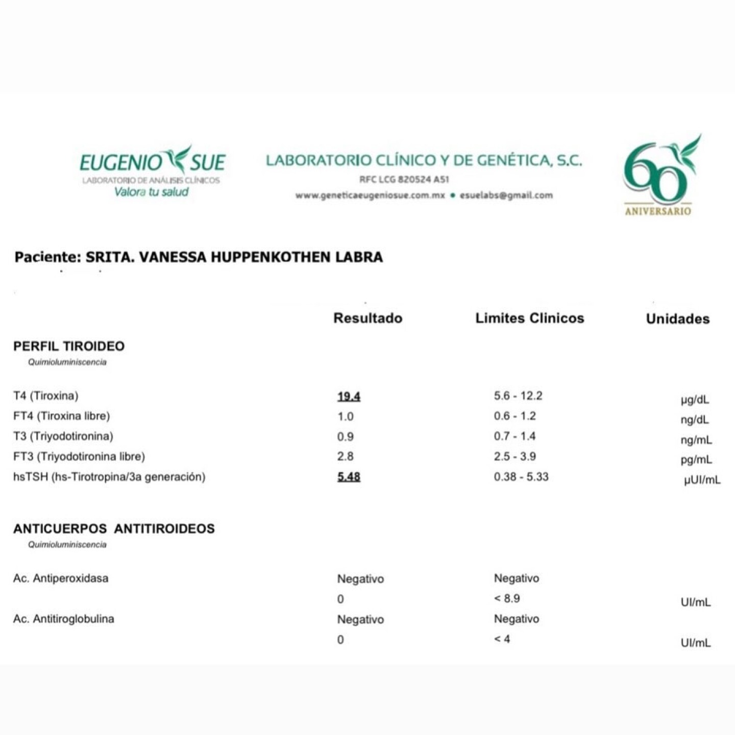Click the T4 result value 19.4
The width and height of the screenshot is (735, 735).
349,397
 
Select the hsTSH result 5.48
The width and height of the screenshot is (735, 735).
349,477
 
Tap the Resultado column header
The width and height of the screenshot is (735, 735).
367,318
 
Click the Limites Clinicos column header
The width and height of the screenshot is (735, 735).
529,318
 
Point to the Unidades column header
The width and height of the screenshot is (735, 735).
677,319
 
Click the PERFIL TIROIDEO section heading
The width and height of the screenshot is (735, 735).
69,346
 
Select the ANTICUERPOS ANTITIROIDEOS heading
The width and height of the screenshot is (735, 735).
114,529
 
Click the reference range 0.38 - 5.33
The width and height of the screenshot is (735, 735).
521,477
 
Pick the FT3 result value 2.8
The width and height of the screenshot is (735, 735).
345,456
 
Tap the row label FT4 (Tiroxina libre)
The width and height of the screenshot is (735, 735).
61,416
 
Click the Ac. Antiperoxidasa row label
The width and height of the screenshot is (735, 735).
61,578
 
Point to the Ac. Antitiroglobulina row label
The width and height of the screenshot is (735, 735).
63,619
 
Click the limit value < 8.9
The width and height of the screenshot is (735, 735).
506,598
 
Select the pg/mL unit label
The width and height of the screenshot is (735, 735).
696,459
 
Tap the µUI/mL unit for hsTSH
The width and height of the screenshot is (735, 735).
702,480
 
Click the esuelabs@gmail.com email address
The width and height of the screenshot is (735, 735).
506,195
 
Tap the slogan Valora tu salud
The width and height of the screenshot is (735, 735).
151,192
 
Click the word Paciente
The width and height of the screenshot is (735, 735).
47,257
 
